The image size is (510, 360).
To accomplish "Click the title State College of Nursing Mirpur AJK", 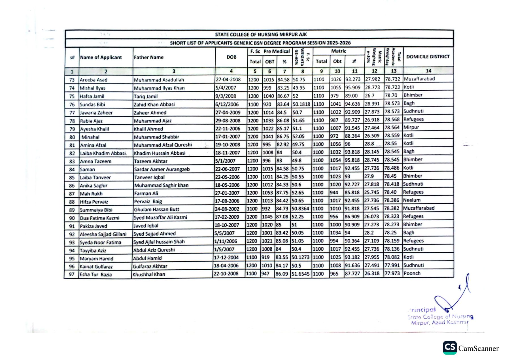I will [x=261, y=35].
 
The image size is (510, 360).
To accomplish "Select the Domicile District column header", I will [x=428, y=57].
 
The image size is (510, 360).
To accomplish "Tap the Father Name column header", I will [x=149, y=57].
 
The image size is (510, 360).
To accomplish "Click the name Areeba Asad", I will [x=93, y=80].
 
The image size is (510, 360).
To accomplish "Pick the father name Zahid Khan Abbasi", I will [x=154, y=105].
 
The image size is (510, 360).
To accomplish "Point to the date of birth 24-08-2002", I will [x=227, y=209].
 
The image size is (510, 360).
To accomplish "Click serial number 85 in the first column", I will [x=72, y=178].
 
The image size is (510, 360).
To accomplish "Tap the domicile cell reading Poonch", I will [x=412, y=273].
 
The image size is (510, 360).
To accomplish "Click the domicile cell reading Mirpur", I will [x=411, y=127].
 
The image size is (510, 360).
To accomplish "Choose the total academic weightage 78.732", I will [x=392, y=79].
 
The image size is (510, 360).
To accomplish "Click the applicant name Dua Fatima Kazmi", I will [x=99, y=218].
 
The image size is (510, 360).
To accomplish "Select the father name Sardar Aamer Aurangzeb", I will [x=162, y=169].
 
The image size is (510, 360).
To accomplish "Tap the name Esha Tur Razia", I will [x=95, y=274].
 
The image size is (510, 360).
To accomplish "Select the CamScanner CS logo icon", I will [x=450, y=348].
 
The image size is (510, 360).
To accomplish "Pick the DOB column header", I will [x=231, y=57].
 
